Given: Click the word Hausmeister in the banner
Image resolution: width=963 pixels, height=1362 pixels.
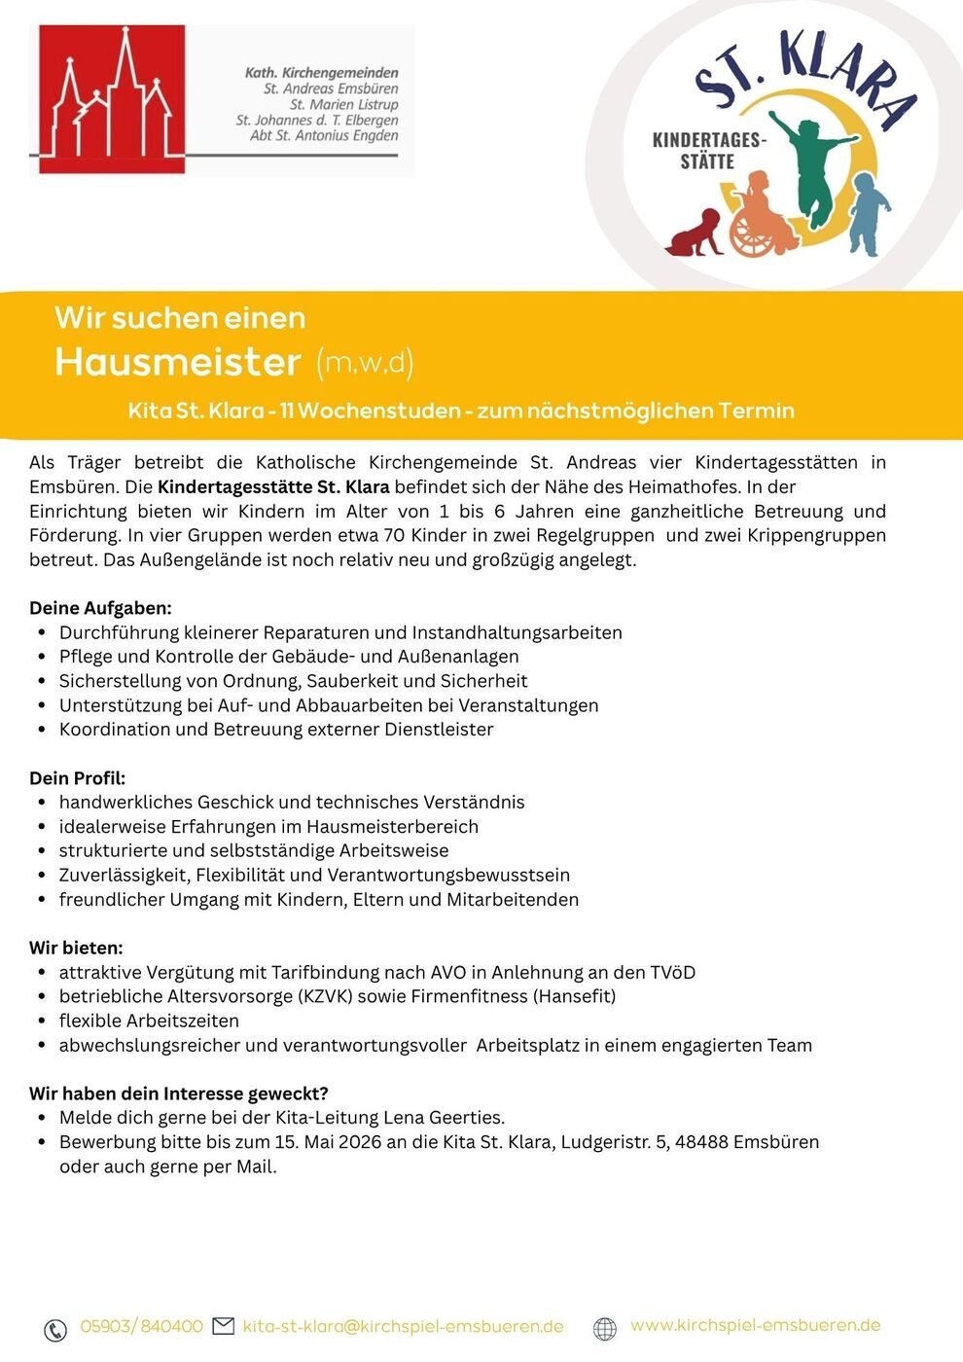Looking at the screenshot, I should [x=178, y=362].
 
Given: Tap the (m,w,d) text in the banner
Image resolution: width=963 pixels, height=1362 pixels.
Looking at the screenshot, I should [x=365, y=363].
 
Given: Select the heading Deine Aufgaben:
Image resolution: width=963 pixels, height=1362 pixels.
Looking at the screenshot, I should [x=100, y=608].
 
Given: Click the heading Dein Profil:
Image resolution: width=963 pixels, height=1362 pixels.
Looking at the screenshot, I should [x=77, y=778].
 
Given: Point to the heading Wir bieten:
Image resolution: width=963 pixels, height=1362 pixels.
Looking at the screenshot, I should [x=76, y=948].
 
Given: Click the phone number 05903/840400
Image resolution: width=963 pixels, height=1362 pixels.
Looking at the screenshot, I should [x=141, y=1326].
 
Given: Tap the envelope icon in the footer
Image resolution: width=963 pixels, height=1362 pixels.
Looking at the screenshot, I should [x=224, y=1326].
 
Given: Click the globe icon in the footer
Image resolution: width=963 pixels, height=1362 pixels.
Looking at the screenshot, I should [x=605, y=1328].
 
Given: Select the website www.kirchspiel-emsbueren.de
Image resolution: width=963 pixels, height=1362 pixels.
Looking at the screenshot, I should [x=755, y=1325].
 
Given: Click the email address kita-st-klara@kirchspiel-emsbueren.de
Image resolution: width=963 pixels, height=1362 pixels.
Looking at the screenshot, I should [x=403, y=1326].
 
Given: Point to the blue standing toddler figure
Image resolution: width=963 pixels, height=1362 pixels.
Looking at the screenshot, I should [x=869, y=214].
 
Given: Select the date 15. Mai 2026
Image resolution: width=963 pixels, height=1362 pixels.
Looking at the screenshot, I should [x=328, y=1142].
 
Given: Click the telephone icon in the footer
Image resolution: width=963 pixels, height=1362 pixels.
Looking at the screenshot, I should [x=55, y=1329].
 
